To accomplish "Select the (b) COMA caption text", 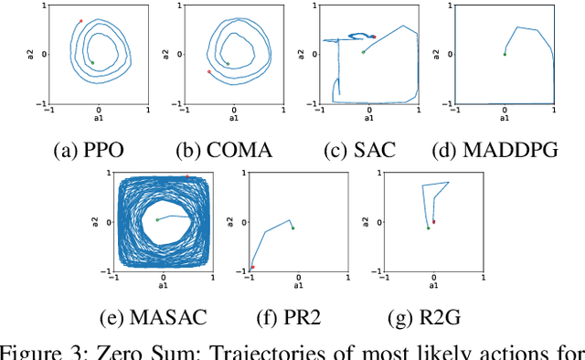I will tap(233, 149).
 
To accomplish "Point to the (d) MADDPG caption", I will tap(504, 149).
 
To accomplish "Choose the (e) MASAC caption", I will tap(154, 318).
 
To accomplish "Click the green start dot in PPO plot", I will tap(92, 63).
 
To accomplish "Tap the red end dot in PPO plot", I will tap(80, 21).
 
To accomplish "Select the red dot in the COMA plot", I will tap(209, 71).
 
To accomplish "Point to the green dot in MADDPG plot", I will tap(504, 54).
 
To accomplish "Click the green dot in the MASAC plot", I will tap(157, 219).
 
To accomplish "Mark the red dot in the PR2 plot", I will tap(253, 268).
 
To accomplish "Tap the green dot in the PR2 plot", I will tap(292, 228).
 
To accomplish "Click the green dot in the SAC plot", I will tap(363, 52).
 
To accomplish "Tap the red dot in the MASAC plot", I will tap(187, 176).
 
